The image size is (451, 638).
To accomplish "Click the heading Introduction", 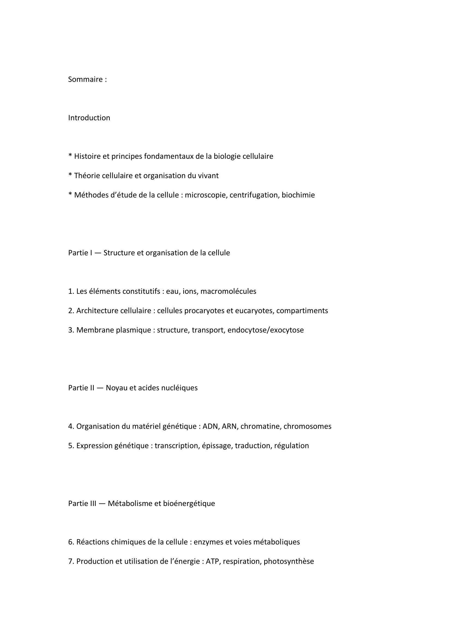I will (89, 118).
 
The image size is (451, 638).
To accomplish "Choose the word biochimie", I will (298, 195).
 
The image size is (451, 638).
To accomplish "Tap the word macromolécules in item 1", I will (228, 292).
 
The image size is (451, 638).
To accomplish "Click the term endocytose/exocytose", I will (266, 330).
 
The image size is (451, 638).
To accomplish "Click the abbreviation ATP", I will (212, 561).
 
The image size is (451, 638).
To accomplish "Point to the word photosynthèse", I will (289, 562).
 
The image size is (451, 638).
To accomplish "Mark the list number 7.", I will (71, 561).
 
